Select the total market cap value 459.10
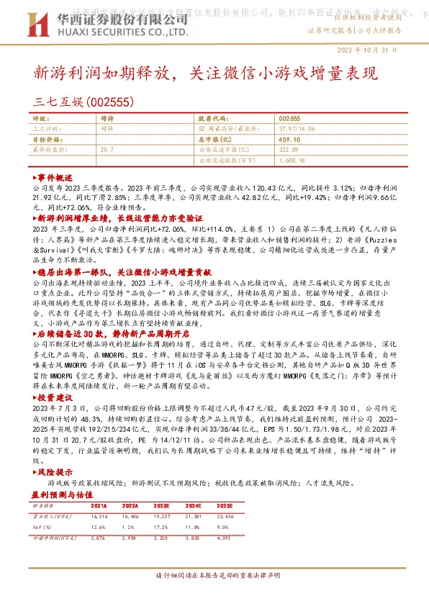[x=289, y=139]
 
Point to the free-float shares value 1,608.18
[x=294, y=160]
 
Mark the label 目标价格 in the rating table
[x=48, y=139]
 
